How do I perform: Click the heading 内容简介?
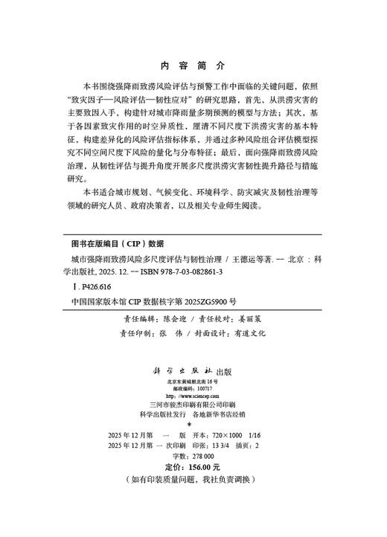tap(193, 65)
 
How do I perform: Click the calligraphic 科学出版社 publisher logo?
tap(182, 370)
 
